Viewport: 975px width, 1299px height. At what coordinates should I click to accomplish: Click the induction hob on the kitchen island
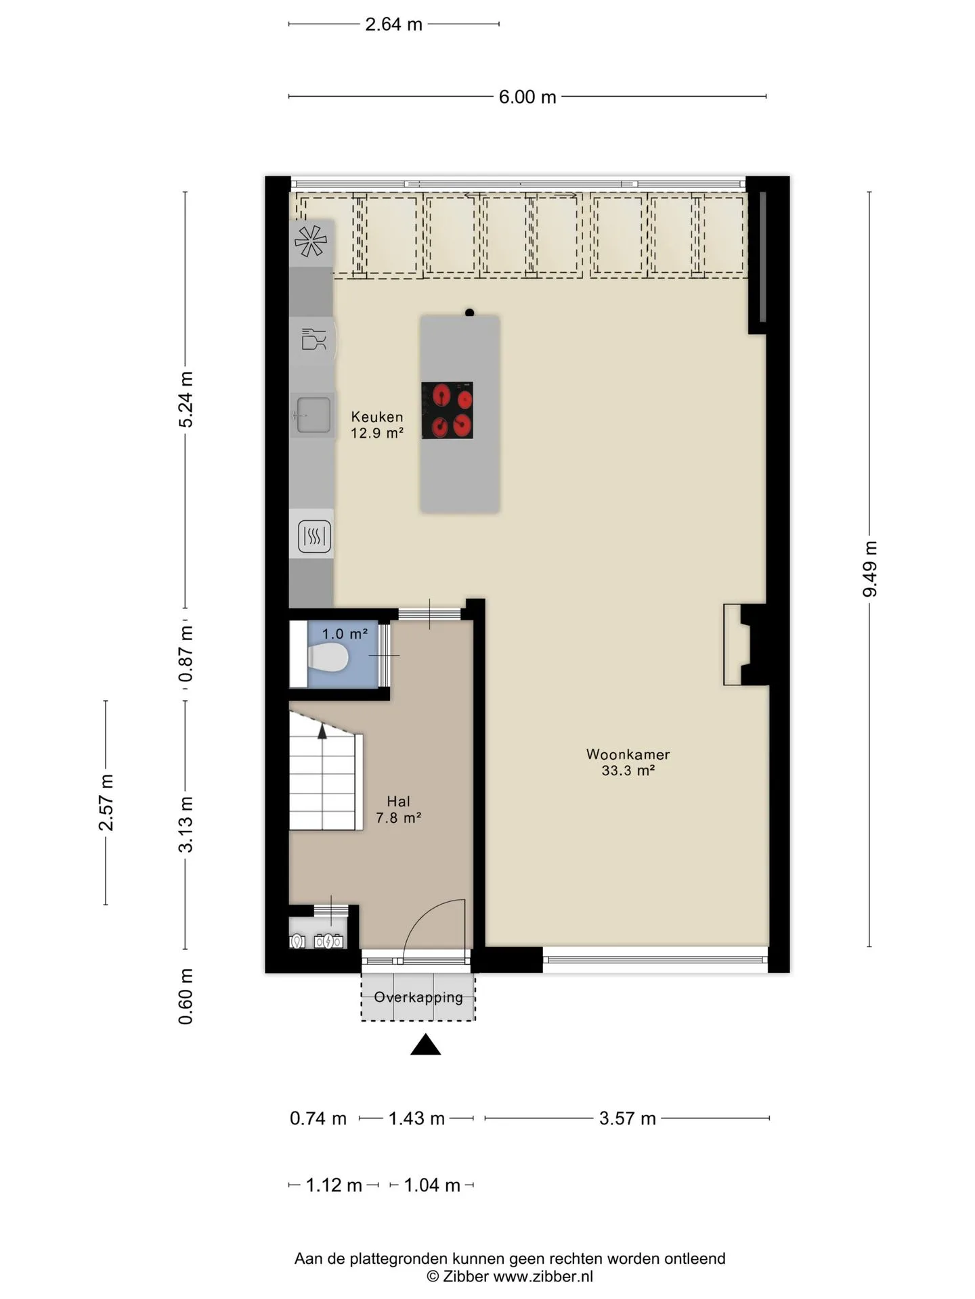click(447, 410)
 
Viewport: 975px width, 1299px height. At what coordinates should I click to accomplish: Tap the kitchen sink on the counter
click(313, 414)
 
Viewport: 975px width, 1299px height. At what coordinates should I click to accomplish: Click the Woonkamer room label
click(628, 762)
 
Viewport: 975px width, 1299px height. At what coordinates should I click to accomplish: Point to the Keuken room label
click(377, 425)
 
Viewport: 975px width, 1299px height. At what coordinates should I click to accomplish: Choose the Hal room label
click(399, 809)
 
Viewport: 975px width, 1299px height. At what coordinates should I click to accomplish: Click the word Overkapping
click(418, 997)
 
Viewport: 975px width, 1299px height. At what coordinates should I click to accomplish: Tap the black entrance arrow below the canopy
click(425, 1045)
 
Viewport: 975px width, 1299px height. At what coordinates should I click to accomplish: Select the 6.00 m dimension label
click(527, 97)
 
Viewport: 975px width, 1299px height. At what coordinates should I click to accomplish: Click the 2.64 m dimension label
click(393, 24)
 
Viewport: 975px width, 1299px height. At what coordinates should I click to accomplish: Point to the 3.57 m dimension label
click(628, 1118)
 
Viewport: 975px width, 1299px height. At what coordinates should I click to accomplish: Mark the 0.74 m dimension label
click(318, 1118)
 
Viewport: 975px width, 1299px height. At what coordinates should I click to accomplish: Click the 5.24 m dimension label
click(186, 399)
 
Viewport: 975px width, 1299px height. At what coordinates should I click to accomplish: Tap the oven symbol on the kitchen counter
click(314, 537)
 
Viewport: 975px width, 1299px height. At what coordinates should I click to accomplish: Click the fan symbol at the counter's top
click(311, 241)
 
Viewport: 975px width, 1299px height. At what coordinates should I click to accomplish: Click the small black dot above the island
click(469, 313)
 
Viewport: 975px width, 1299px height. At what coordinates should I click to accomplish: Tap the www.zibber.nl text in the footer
click(543, 1276)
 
